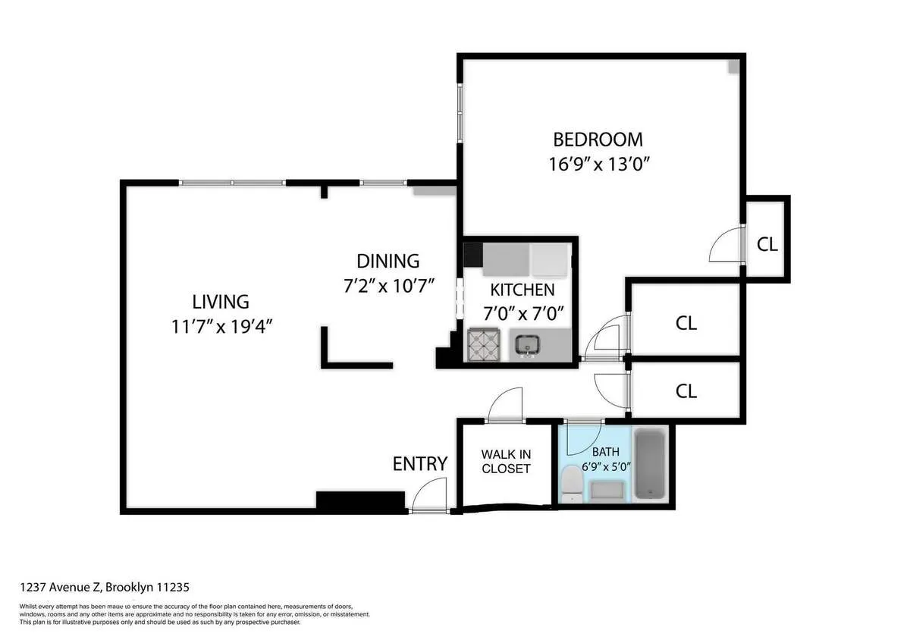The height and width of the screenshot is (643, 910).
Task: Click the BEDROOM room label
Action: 598,140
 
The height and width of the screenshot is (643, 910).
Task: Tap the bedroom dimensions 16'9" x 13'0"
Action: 598,164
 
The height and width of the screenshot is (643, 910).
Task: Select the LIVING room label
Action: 220,302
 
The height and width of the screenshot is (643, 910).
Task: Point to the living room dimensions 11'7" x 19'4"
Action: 221,327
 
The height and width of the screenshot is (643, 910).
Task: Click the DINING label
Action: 388,262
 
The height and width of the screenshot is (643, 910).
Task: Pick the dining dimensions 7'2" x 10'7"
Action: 388,286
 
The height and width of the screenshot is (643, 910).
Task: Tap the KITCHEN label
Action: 522,290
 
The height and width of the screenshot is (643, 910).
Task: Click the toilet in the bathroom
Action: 572,485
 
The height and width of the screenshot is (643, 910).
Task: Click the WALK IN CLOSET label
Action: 506,462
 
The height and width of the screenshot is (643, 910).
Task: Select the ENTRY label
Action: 419,463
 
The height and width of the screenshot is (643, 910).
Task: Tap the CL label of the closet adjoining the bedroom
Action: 767,244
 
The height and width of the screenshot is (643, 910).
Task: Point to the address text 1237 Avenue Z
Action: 104,587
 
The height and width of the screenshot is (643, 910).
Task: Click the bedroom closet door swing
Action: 726,244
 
